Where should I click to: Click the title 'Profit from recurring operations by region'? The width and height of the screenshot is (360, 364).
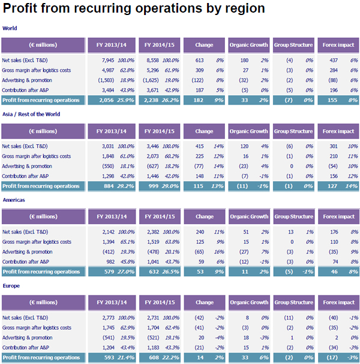134,8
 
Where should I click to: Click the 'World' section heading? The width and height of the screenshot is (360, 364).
10,28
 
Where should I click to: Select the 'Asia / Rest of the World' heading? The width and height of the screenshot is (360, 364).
31,114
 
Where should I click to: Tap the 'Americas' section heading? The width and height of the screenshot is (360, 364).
14,200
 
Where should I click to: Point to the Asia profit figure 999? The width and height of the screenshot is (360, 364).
153,186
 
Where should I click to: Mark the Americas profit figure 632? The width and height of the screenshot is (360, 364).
153,272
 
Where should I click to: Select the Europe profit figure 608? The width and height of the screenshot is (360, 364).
153,358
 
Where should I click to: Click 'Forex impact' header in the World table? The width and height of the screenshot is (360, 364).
338,45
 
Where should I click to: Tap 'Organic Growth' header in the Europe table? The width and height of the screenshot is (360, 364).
248,303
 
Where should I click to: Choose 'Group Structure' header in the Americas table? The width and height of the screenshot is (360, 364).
293,217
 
